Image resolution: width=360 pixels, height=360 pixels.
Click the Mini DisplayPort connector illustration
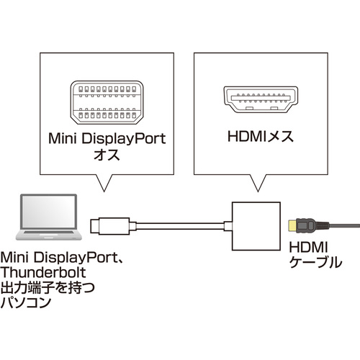pyautogui.click(x=107, y=102)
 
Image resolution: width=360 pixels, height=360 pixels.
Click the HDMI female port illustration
pyautogui.click(x=261, y=99)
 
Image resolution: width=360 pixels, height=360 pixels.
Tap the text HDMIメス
pyautogui.click(x=261, y=137)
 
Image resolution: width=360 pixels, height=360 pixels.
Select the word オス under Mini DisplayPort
pyautogui.click(x=107, y=155)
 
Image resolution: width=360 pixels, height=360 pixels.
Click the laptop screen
pyautogui.click(x=49, y=212)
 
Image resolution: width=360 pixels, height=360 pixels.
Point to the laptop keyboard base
pyautogui.click(x=49, y=235)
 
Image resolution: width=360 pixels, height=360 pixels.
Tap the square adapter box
pyautogui.click(x=256, y=226)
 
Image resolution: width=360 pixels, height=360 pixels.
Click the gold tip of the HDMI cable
pyautogui.click(x=292, y=226)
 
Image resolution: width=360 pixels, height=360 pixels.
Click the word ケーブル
pyautogui.click(x=315, y=262)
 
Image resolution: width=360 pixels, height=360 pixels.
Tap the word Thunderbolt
pyautogui.click(x=43, y=272)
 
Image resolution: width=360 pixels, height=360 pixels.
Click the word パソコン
pyautogui.click(x=26, y=302)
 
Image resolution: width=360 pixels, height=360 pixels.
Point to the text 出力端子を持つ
pyautogui.click(x=48, y=287)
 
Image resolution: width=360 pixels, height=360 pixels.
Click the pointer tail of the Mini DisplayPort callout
pyautogui.click(x=104, y=183)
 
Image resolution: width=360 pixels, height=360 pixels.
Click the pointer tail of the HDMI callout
pyautogui.click(x=258, y=183)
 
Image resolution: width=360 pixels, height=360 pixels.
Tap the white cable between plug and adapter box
pyautogui.click(x=180, y=226)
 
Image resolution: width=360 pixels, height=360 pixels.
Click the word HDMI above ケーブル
pyautogui.click(x=308, y=247)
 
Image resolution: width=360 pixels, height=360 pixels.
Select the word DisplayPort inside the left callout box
pyautogui.click(x=124, y=139)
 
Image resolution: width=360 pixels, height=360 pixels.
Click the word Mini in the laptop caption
pyautogui.click(x=15, y=257)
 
